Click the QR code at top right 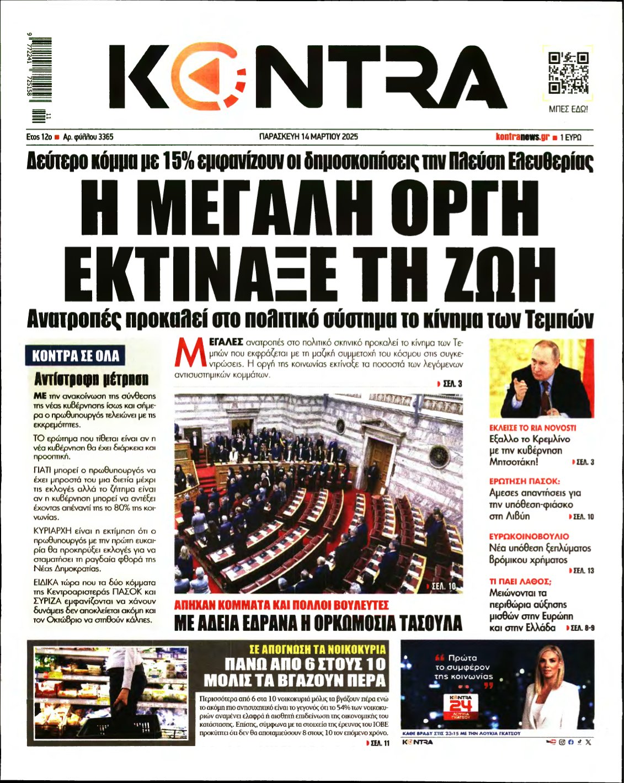click(568, 73)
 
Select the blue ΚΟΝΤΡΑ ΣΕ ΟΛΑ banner click(76, 356)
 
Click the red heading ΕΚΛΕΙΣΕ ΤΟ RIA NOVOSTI click(532, 428)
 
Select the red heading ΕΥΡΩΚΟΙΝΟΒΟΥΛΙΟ click(529, 536)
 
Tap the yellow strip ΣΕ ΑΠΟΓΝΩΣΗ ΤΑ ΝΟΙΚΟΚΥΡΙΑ click(317, 649)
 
